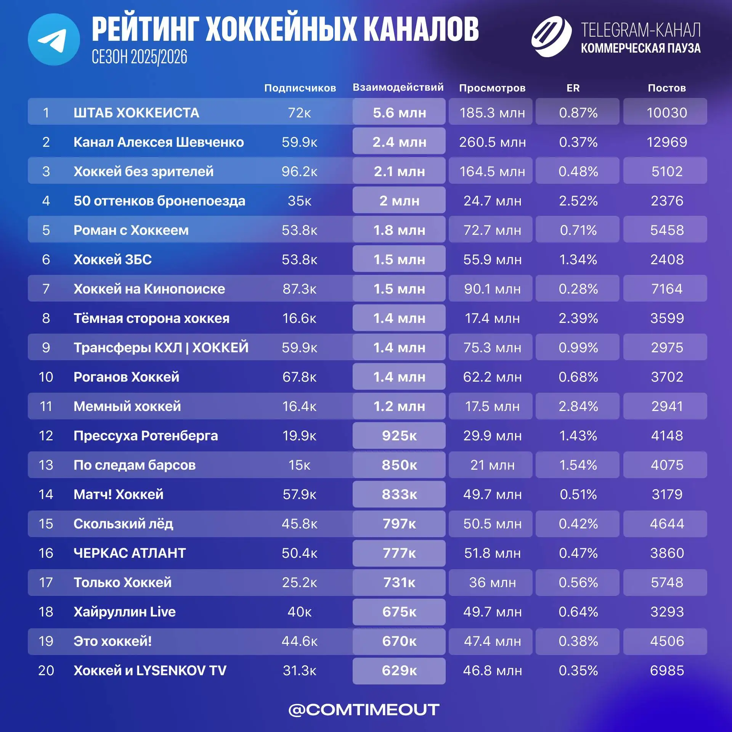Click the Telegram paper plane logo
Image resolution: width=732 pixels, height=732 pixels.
(54, 40)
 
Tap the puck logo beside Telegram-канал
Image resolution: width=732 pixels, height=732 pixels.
(551, 37)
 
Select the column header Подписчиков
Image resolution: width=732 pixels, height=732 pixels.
(300, 88)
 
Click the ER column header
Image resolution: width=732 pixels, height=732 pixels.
(573, 88)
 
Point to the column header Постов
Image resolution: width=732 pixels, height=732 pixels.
(667, 88)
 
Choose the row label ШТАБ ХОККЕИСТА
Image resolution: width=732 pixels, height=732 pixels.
(136, 113)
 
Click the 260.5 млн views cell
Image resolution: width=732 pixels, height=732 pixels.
(492, 142)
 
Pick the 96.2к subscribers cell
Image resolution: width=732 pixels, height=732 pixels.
(300, 172)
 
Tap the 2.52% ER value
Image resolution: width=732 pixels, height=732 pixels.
(578, 201)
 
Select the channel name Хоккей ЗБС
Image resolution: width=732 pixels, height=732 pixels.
(112, 260)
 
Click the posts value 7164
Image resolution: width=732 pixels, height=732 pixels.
(667, 289)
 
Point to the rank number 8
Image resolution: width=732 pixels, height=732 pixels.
(46, 318)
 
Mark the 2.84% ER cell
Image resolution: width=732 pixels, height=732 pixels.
(578, 406)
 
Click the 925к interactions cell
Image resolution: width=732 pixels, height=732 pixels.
(399, 436)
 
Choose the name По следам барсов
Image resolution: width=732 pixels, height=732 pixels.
(134, 465)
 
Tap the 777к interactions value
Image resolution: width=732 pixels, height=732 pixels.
(399, 553)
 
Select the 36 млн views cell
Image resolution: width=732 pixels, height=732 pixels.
(492, 583)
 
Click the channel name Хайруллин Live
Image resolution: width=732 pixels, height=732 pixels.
(125, 612)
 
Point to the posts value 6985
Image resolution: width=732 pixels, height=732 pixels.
(667, 671)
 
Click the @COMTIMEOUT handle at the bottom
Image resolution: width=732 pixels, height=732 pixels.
(364, 710)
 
